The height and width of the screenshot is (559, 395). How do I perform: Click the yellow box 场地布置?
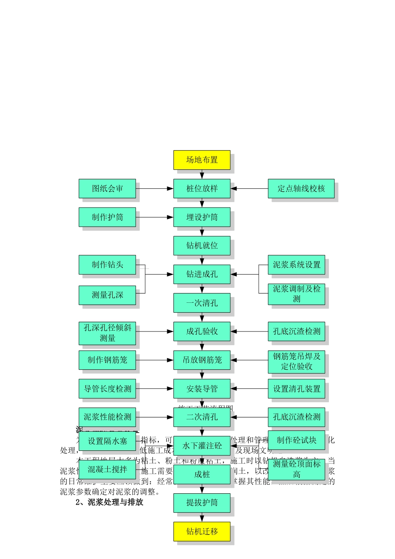click(202, 160)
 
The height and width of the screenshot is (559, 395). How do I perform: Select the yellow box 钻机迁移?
click(202, 532)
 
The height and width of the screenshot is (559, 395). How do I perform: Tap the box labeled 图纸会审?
click(107, 189)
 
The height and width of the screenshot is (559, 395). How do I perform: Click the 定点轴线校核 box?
click(301, 189)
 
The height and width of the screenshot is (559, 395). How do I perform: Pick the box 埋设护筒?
click(202, 217)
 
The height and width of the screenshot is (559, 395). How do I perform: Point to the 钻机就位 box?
click(202, 245)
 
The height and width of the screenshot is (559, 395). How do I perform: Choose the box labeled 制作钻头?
click(107, 265)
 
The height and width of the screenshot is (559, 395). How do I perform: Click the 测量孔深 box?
click(107, 295)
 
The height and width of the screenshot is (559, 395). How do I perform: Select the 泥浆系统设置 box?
click(296, 265)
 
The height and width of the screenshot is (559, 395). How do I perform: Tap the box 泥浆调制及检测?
click(296, 294)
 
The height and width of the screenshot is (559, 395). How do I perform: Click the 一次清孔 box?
click(202, 303)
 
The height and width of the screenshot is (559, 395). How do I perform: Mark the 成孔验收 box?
click(202, 331)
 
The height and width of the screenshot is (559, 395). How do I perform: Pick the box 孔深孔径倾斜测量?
click(107, 333)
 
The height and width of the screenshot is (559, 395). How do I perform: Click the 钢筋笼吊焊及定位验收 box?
click(296, 361)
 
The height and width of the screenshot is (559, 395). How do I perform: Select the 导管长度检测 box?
click(107, 389)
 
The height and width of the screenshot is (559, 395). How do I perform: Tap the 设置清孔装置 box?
click(296, 389)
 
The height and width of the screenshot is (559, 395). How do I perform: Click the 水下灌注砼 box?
click(202, 446)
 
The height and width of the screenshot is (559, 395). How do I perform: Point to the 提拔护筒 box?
click(202, 503)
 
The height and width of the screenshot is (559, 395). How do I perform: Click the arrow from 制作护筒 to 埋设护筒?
click(154, 217)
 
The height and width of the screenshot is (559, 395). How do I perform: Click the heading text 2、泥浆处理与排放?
click(109, 502)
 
